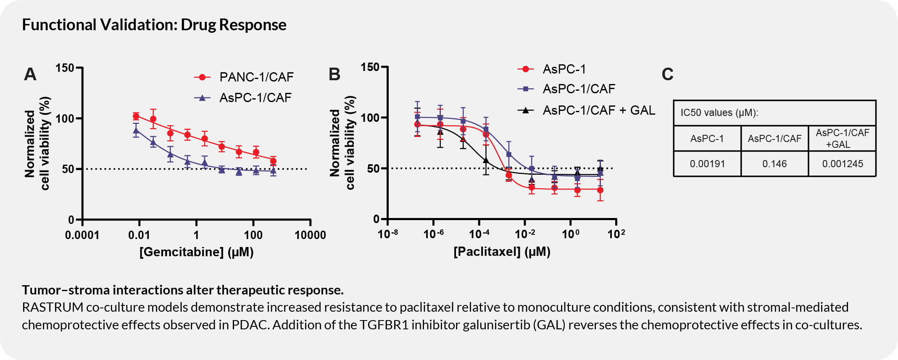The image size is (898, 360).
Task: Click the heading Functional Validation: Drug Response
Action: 154,25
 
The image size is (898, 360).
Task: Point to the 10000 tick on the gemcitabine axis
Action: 310,235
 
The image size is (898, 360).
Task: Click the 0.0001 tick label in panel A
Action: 82,235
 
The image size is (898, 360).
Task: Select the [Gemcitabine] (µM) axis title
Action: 196,252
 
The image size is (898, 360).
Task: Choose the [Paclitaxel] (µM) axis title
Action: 502,252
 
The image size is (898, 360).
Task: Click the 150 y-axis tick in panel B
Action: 370,67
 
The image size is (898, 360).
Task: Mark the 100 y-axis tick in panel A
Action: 65,118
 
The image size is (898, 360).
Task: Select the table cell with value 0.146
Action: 774,164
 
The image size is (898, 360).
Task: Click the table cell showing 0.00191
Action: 707,164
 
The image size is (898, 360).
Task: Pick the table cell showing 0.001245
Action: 842,164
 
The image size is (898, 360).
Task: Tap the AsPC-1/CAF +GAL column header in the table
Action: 842,139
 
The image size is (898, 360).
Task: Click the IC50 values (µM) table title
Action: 719,113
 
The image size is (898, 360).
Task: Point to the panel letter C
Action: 667,74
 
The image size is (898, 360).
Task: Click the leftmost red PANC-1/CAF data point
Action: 136,116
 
